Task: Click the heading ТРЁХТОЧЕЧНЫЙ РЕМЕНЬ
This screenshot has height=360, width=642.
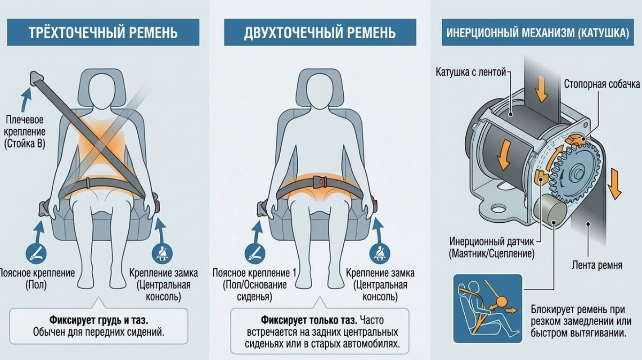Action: pyautogui.click(x=103, y=33)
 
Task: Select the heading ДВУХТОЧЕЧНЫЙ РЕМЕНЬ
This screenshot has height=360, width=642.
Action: pyautogui.click(x=320, y=33)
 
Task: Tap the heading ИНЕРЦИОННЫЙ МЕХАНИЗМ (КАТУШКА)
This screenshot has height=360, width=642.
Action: pyautogui.click(x=538, y=33)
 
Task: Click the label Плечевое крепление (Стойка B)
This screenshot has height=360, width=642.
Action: pyautogui.click(x=25, y=131)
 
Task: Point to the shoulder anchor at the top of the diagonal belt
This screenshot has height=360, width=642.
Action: pyautogui.click(x=36, y=78)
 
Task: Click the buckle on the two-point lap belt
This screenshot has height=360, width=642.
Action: pyautogui.click(x=320, y=182)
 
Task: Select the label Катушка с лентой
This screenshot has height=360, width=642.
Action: pyautogui.click(x=471, y=72)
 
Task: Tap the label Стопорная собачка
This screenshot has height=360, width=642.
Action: pyautogui.click(x=602, y=84)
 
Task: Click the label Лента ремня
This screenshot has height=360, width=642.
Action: pyautogui.click(x=597, y=265)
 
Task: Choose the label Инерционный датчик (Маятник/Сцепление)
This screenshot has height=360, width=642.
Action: pyautogui.click(x=492, y=247)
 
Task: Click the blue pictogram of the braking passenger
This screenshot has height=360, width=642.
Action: pyautogui.click(x=488, y=308)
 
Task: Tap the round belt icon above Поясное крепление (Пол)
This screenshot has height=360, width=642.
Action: pyautogui.click(x=36, y=254)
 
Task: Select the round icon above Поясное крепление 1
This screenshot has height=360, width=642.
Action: pyautogui.click(x=255, y=254)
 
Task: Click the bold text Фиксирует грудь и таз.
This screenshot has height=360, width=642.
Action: pyautogui.click(x=99, y=320)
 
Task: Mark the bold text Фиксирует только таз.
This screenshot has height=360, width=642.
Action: pyautogui.click(x=309, y=320)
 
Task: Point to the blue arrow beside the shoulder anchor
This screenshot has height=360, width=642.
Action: pyautogui.click(x=26, y=100)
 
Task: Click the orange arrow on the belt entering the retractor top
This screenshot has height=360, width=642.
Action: pyautogui.click(x=541, y=88)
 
